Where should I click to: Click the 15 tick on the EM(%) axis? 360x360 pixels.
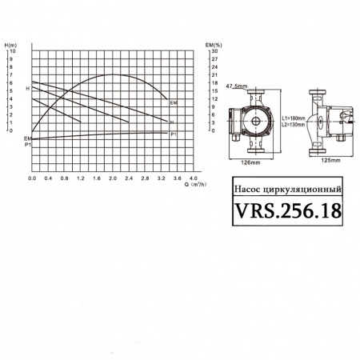pyautogui.click(x=212, y=90)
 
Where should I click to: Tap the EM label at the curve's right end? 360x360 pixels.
pyautogui.click(x=174, y=103)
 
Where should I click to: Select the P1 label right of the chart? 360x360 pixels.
pyautogui.click(x=174, y=134)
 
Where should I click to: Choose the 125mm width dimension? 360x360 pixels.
pyautogui.click(x=330, y=161)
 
